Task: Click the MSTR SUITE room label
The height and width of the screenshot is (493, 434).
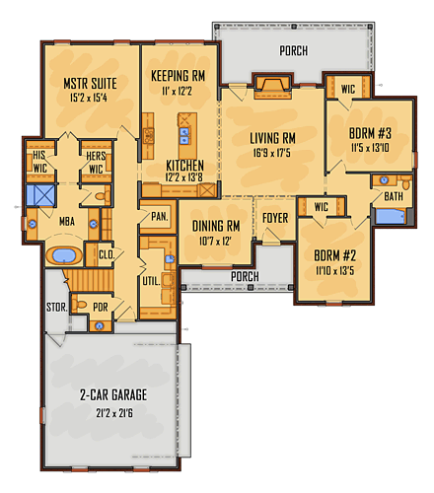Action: (90, 84)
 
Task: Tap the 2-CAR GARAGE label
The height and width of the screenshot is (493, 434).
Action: (113, 394)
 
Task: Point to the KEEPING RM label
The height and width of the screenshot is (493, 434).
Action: (178, 76)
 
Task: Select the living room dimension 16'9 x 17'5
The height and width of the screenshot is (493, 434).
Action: (272, 153)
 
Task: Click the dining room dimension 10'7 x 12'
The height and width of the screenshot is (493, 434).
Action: (215, 242)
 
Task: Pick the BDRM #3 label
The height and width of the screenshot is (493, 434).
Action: (370, 133)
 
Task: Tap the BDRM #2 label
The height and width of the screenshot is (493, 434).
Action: (334, 255)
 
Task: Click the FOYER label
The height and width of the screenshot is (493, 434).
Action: (275, 218)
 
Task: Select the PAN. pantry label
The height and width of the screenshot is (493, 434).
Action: (160, 216)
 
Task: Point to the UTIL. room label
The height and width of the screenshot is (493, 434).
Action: (151, 281)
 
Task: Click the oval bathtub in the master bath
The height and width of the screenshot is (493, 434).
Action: (64, 255)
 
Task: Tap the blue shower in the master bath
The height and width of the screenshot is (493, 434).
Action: (40, 195)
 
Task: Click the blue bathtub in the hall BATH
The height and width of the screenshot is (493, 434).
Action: (391, 216)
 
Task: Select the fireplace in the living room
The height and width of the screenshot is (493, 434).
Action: (272, 87)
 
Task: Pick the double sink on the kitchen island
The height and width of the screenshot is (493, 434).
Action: (184, 136)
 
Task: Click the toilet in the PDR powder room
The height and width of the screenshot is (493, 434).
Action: (78, 305)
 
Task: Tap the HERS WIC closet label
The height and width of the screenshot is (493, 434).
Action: (96, 163)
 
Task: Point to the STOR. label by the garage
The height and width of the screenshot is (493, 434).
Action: (57, 308)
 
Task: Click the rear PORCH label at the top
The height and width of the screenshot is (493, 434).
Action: (294, 50)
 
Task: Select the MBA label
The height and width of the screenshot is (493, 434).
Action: (67, 222)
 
